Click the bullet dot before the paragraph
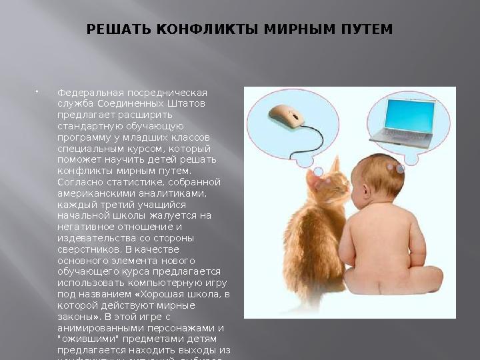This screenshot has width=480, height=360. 37,92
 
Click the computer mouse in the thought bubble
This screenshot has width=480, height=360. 285,115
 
